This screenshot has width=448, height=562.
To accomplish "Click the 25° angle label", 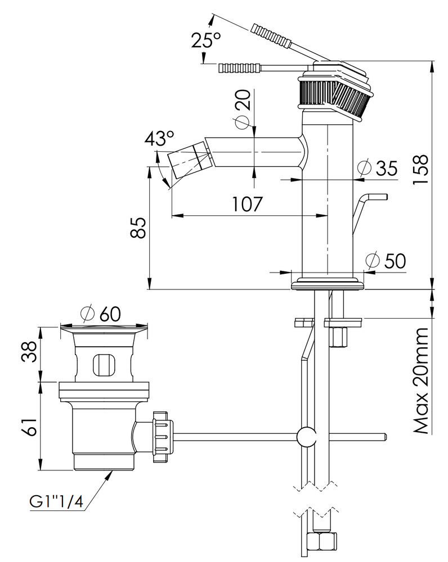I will (205, 41).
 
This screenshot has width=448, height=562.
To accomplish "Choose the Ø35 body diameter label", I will (378, 168).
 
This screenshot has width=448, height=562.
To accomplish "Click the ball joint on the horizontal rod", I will (307, 436).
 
